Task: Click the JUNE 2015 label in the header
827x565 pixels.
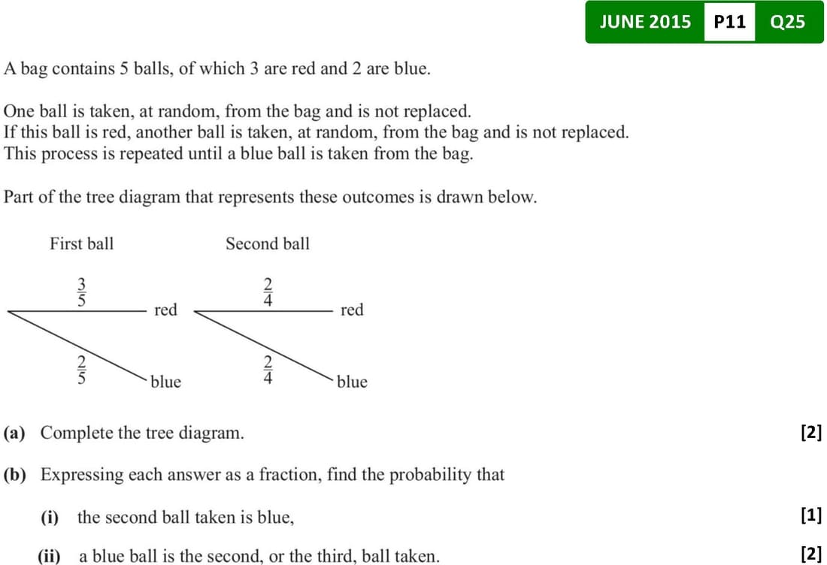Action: pyautogui.click(x=645, y=22)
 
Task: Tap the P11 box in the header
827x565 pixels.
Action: pyautogui.click(x=729, y=22)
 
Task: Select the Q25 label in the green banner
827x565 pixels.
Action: pyautogui.click(x=787, y=22)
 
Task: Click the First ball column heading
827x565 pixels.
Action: pyautogui.click(x=81, y=243)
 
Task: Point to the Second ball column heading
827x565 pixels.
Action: pyautogui.click(x=267, y=243)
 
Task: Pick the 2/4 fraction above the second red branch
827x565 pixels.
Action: pyautogui.click(x=267, y=291)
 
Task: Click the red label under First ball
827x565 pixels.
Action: pyautogui.click(x=165, y=310)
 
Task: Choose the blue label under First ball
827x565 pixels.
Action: pyautogui.click(x=165, y=382)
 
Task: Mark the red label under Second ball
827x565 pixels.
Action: pyautogui.click(x=351, y=310)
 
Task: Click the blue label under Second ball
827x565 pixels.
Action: pyautogui.click(x=352, y=382)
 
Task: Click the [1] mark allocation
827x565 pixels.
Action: pyautogui.click(x=810, y=515)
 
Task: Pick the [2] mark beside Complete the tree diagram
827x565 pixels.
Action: pyautogui.click(x=810, y=432)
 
